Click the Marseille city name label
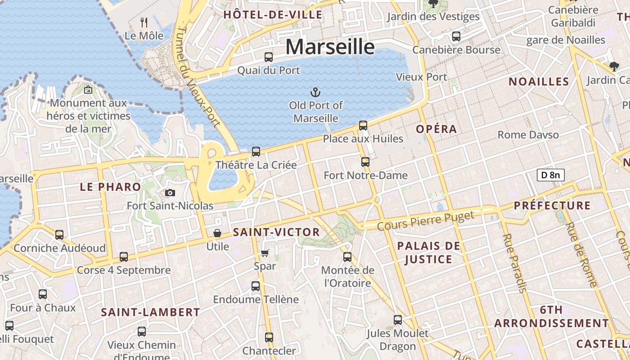pyautogui.click(x=330, y=46)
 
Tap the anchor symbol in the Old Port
pyautogui.click(x=315, y=92)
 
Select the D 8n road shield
pyautogui.click(x=550, y=175)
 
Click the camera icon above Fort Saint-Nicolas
pyautogui.click(x=170, y=193)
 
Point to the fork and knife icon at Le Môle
pyautogui.click(x=144, y=22)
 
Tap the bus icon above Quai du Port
pyautogui.click(x=269, y=57)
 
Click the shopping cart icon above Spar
pyautogui.click(x=265, y=253)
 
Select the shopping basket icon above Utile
pyautogui.click(x=217, y=233)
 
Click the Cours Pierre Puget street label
pyautogui.click(x=426, y=220)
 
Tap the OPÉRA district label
pyautogui.click(x=436, y=129)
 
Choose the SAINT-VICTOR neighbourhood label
pyautogui.click(x=276, y=232)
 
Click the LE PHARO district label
pyautogui.click(x=110, y=187)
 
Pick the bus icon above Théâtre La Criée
pyautogui.click(x=256, y=152)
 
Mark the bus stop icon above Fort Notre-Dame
pyautogui.click(x=365, y=162)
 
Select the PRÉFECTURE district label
pyautogui.click(x=552, y=206)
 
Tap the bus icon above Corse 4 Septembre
pyautogui.click(x=124, y=257)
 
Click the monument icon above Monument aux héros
pyautogui.click(x=88, y=90)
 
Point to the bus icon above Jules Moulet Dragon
pyautogui.click(x=398, y=320)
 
